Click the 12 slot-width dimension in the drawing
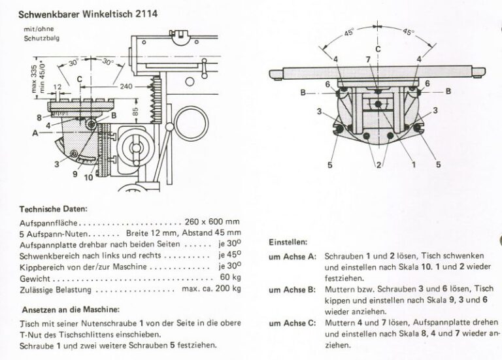[x=58, y=86]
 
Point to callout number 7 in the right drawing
[x=368, y=59]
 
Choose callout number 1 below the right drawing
[x=412, y=165]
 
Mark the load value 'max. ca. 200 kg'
[x=212, y=288]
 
